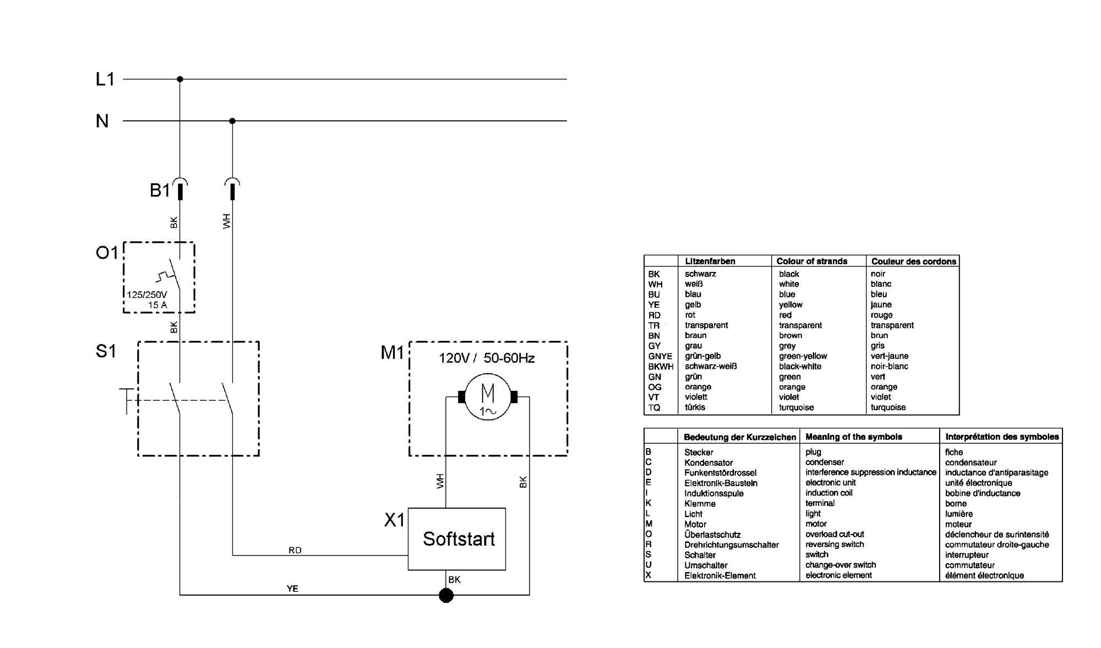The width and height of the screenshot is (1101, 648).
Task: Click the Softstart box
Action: [457, 538]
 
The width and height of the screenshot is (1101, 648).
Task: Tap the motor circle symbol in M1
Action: [488, 397]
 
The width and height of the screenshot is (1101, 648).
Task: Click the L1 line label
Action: [105, 79]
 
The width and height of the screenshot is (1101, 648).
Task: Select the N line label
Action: [102, 121]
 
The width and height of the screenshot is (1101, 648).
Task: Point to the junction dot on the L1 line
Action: [180, 79]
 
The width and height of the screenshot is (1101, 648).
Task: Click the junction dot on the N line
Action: [232, 121]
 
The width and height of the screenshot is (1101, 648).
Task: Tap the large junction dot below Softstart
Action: [446, 595]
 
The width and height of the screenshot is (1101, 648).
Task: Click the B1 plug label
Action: [160, 190]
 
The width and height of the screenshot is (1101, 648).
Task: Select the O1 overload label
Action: [107, 253]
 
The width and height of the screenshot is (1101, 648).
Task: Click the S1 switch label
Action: [106, 351]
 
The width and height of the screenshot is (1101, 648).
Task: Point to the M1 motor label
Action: [393, 352]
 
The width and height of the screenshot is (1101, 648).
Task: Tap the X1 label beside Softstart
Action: [394, 520]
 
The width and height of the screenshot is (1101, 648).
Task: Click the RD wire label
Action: [295, 551]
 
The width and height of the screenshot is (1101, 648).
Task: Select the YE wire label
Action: [292, 589]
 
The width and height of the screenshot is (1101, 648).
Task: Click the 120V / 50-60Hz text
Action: [487, 358]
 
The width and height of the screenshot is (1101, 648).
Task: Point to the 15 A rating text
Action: [157, 305]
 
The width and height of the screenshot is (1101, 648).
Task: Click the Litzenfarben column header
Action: [710, 262]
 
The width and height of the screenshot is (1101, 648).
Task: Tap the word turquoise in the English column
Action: [796, 407]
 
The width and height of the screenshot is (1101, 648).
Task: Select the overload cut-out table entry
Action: [835, 534]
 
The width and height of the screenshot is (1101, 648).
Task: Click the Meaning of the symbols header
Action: [854, 437]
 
